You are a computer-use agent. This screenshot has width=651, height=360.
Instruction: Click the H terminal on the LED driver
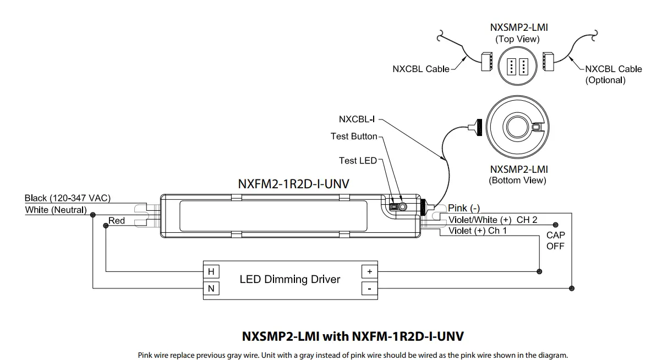click(x=210, y=271)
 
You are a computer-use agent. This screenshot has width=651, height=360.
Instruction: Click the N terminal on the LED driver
click(x=210, y=288)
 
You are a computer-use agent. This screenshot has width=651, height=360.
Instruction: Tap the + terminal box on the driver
click(x=369, y=271)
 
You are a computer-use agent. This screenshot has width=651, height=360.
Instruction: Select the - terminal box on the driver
click(x=369, y=288)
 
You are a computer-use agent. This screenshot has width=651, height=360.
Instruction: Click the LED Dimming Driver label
click(x=289, y=280)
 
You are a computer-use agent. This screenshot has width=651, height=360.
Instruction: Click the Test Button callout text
click(x=353, y=136)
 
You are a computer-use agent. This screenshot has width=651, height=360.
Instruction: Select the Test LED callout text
click(x=358, y=160)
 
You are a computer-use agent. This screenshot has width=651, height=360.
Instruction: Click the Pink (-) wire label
click(x=464, y=208)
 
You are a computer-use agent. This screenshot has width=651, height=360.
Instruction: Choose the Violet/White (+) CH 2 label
click(x=493, y=220)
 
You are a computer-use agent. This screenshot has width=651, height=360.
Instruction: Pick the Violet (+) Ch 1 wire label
click(x=478, y=231)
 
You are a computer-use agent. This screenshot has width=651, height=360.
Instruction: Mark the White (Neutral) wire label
click(x=56, y=210)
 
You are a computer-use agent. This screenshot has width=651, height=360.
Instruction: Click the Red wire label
click(x=117, y=221)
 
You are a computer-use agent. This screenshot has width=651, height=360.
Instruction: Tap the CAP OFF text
click(x=555, y=241)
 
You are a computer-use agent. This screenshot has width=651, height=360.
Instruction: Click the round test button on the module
click(x=402, y=207)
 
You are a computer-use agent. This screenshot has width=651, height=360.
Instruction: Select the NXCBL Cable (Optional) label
click(x=613, y=74)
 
